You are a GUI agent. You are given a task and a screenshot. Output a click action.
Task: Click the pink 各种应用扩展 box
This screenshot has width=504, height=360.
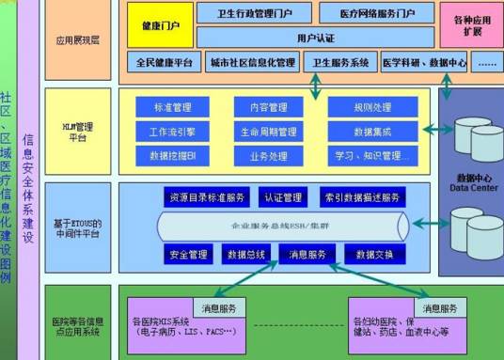tap(471, 24)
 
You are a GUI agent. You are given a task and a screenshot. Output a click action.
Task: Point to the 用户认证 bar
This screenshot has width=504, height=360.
tap(314, 39)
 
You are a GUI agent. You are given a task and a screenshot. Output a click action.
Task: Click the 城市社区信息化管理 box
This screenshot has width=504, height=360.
tap(252, 62)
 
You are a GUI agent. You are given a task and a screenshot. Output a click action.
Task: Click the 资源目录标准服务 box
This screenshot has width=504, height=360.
tap(207, 197)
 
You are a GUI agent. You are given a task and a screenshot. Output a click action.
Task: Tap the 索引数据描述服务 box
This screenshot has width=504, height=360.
tap(361, 197)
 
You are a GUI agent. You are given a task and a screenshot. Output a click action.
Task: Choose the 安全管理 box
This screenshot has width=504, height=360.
tap(188, 255)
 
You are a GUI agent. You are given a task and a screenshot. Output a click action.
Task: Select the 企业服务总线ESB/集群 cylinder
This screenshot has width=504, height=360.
tap(282, 226)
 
